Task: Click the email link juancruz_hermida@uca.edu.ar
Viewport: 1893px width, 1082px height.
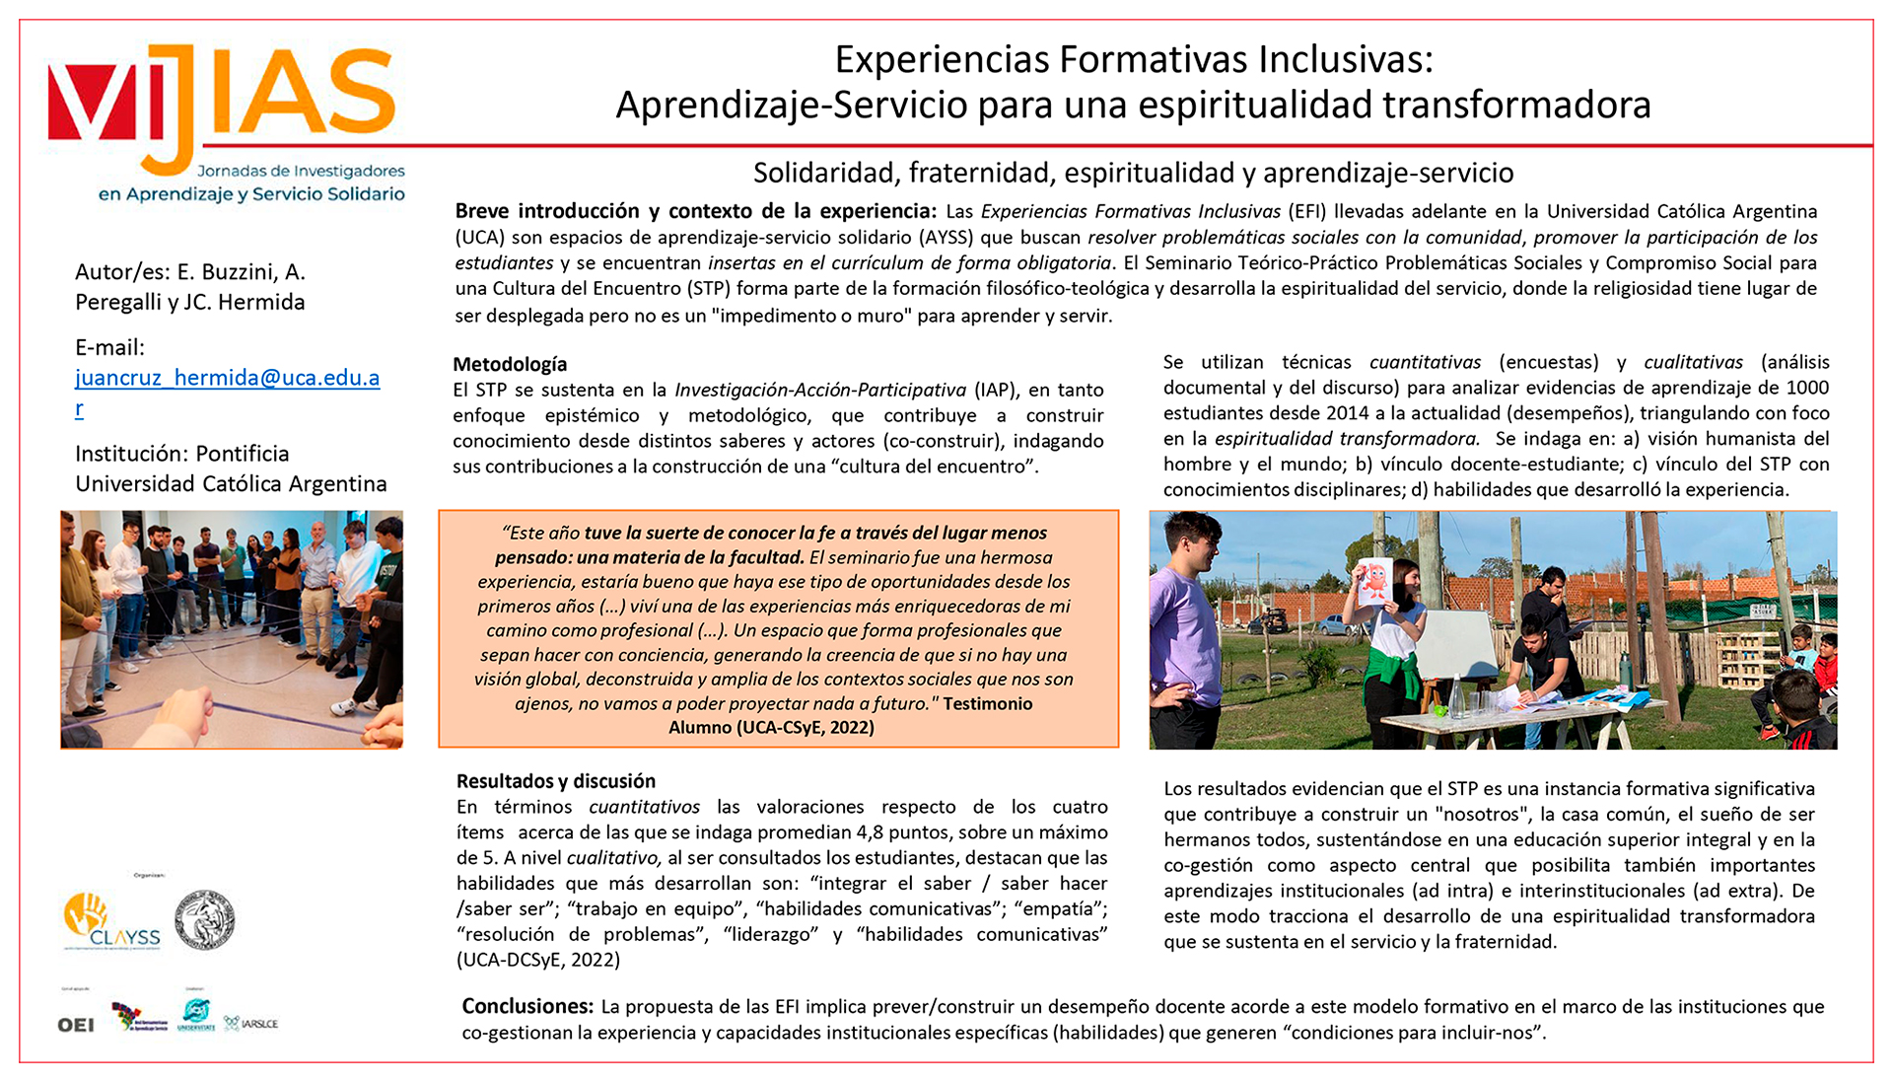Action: (227, 378)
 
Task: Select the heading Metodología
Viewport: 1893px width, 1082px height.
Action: (510, 364)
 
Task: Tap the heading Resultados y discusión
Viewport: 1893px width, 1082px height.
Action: (555, 781)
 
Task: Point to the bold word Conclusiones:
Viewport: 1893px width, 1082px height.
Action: (527, 1006)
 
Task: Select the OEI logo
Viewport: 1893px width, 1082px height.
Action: (76, 1025)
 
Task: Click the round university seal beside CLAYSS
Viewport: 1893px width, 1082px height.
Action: (204, 919)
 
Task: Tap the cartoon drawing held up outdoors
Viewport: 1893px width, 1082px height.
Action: (1372, 582)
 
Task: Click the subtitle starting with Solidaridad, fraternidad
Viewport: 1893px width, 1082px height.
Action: (1133, 173)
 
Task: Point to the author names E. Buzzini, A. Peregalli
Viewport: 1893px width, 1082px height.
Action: (190, 286)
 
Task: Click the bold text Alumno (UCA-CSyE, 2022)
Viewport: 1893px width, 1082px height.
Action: (771, 728)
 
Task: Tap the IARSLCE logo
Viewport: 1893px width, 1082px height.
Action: (251, 1024)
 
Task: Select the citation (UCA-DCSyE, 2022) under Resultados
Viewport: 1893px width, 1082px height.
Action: (537, 960)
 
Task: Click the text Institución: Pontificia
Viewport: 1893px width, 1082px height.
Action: (182, 454)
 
